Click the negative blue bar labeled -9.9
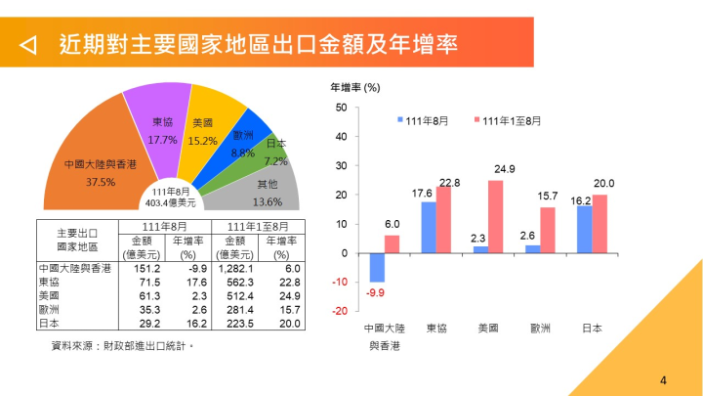tap(377, 268)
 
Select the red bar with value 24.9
tap(495, 217)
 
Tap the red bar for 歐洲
tap(548, 231)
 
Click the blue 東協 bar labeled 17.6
tap(429, 228)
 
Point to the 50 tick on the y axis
tap(341, 108)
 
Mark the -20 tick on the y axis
tap(339, 312)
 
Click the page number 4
tap(663, 380)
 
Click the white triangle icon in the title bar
tap(29, 44)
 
